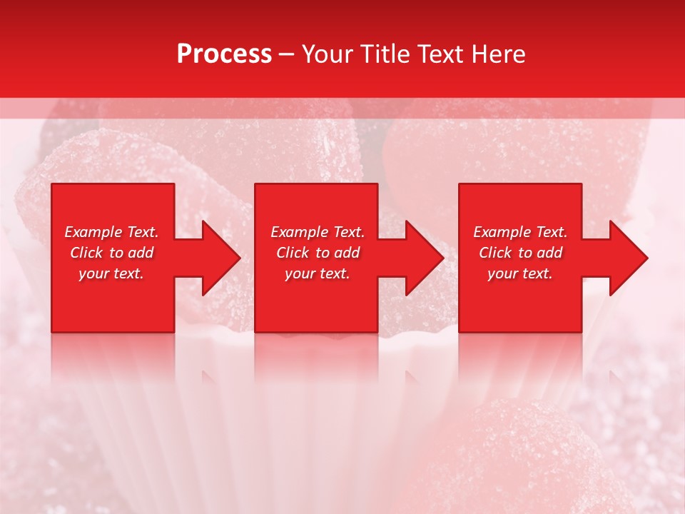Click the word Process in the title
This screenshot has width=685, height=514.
point(224,54)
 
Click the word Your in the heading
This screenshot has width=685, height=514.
point(328,54)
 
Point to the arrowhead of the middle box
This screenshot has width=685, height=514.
point(425,258)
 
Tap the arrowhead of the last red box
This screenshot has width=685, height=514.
point(629,258)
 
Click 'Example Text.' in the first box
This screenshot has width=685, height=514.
point(111,232)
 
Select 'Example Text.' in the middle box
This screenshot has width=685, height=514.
point(318,232)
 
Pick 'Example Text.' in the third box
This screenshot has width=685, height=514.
point(520,232)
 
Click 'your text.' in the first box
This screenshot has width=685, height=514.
point(111,274)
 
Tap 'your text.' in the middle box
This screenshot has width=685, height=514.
point(318,274)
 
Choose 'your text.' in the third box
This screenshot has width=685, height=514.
point(520,274)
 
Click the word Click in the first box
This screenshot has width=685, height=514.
point(86,253)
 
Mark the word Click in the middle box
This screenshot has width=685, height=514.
point(293,253)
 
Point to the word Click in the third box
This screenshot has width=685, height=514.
point(495,253)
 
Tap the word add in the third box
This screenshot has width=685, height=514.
point(549,253)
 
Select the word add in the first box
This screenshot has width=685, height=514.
point(141,253)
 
